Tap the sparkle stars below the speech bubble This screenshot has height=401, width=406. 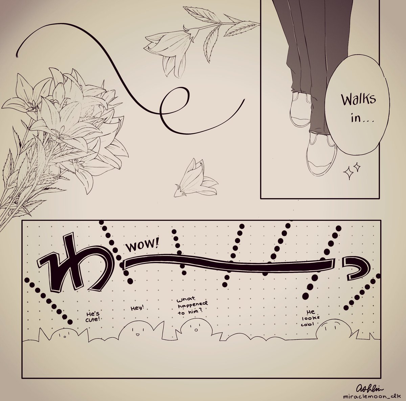click(352, 171)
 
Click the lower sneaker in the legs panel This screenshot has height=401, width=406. click(321, 155)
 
